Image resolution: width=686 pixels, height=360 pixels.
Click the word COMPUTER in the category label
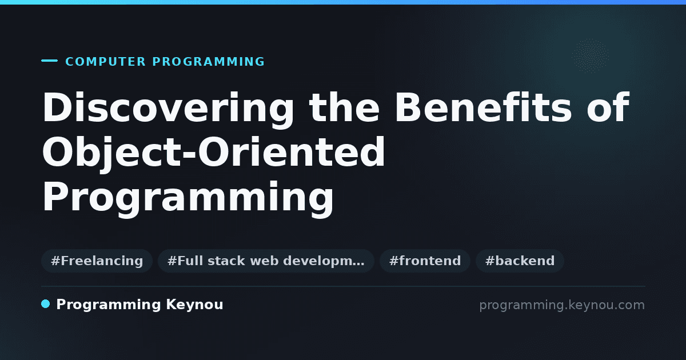(106, 62)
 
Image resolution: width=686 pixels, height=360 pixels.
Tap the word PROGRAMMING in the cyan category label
(209, 62)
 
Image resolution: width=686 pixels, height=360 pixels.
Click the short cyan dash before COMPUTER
(49, 61)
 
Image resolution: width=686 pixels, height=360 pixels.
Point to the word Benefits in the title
(483, 107)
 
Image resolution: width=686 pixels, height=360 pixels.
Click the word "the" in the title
(344, 107)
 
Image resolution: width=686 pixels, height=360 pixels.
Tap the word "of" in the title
(608, 107)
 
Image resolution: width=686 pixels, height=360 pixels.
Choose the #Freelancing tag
(97, 261)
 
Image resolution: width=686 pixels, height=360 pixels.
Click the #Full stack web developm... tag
(266, 261)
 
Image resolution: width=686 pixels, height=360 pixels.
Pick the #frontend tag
(425, 261)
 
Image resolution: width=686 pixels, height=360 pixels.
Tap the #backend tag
(520, 261)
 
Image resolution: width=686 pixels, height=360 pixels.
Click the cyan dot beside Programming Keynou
(46, 304)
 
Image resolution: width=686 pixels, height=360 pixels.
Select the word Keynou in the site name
(194, 305)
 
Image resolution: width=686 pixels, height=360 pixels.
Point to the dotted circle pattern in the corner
(590, 56)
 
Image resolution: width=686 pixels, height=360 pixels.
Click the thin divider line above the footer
(343, 286)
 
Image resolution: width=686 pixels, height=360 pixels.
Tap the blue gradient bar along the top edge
(343, 2)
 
